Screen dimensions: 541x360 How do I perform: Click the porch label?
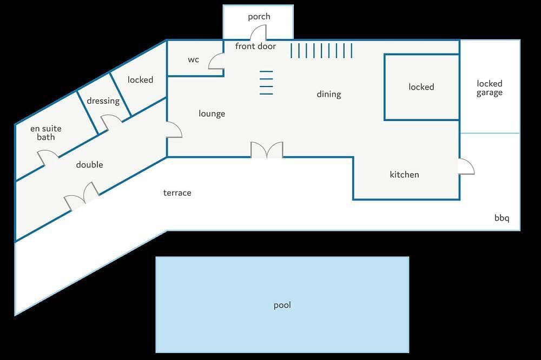(259, 17)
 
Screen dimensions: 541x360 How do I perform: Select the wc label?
(193, 59)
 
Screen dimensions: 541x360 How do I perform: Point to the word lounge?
(212, 114)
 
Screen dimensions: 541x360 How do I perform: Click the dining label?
(329, 94)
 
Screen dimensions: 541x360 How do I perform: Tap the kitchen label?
(404, 175)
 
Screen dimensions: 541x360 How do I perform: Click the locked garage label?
(489, 88)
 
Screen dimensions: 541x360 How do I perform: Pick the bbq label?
(502, 218)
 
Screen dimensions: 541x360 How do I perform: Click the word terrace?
(177, 193)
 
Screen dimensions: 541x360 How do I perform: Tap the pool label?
(282, 305)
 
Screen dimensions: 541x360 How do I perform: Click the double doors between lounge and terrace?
(267, 150)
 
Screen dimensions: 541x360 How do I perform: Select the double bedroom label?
(89, 164)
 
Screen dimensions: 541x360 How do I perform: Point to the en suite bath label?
(46, 133)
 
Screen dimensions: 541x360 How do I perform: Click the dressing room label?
(103, 101)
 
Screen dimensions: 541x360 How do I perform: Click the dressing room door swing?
(111, 122)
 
